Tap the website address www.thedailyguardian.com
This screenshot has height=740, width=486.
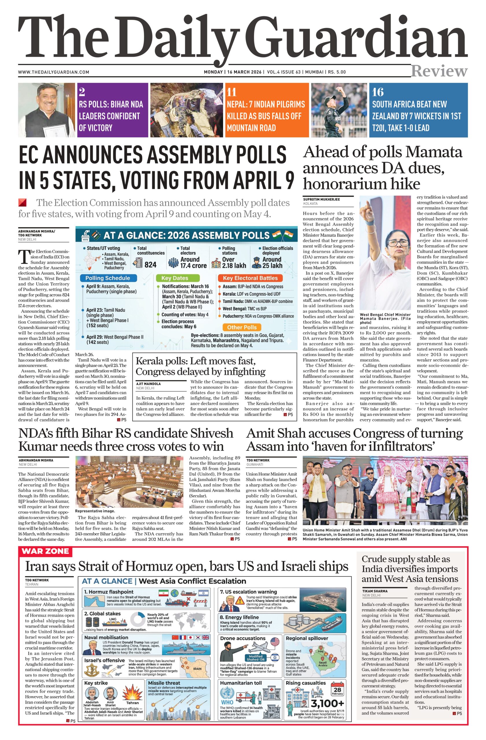coord(53,72)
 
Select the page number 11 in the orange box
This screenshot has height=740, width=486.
coord(231,92)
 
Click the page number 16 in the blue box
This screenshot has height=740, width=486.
coord(378,92)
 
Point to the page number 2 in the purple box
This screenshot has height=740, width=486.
coord(82,92)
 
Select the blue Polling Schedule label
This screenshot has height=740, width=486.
coord(108,278)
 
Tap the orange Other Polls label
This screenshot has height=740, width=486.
coord(242,327)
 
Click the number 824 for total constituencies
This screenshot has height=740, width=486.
coord(151,264)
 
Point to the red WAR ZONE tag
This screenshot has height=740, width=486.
coord(45,551)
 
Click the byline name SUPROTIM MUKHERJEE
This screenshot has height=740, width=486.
coord(321,199)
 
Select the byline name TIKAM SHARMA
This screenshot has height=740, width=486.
coord(375,591)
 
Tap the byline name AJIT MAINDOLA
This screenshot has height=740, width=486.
coord(148,384)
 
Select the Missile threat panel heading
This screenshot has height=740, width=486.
coord(164,683)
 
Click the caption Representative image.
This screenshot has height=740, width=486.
coord(95,511)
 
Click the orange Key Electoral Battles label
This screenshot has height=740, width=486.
coord(250,278)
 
